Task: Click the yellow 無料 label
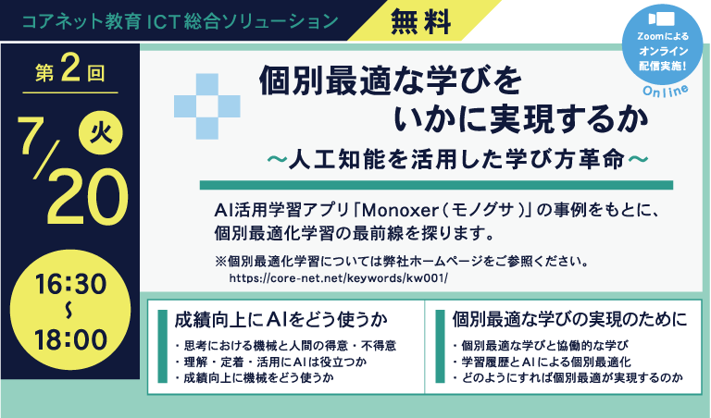click(421, 22)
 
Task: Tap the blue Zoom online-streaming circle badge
click(663, 44)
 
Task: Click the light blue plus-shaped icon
click(207, 106)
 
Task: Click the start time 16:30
click(70, 284)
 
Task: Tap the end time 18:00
click(70, 339)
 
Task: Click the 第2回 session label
click(70, 72)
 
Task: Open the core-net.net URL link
click(338, 277)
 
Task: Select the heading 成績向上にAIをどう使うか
click(281, 319)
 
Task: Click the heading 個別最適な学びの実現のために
click(569, 319)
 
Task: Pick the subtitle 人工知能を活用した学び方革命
click(457, 159)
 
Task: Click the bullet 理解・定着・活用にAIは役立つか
click(270, 362)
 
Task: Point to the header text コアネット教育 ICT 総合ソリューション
click(180, 21)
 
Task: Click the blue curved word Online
click(666, 91)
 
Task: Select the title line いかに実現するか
click(521, 119)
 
